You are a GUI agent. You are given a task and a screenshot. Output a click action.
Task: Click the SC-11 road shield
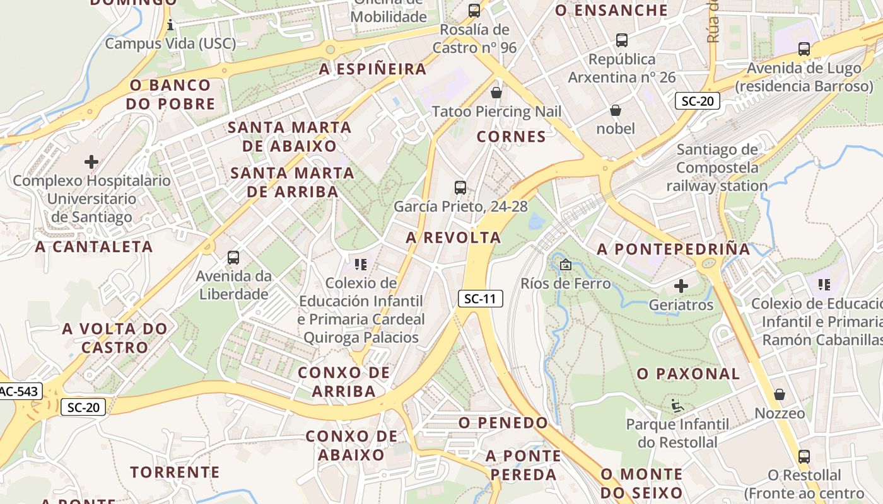[x=480, y=299]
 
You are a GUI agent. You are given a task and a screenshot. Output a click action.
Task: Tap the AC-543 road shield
[x=19, y=391]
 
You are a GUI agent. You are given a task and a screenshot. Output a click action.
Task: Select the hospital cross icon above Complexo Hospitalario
[x=91, y=162]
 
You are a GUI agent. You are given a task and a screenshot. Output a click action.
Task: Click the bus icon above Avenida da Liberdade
[x=233, y=257]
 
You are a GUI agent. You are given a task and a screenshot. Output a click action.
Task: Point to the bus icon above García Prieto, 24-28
[x=460, y=187]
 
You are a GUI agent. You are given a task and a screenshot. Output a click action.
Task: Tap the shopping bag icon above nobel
[x=616, y=111]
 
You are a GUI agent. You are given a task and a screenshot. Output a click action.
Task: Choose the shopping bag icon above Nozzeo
[x=780, y=394]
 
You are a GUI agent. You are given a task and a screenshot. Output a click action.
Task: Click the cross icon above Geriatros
[x=681, y=286]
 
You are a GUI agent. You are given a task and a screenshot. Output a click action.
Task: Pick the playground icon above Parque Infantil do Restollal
[x=677, y=405]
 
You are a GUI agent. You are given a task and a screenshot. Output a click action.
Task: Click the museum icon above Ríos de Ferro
[x=565, y=265]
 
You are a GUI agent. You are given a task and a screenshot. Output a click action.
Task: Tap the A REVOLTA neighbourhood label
[x=453, y=238]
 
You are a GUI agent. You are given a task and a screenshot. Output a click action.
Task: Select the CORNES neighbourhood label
[x=511, y=137]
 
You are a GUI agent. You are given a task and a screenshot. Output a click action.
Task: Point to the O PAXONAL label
[x=688, y=374]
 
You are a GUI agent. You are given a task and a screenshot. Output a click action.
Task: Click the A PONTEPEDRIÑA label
[x=674, y=249]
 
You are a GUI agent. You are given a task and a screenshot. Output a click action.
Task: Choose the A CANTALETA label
[x=94, y=246]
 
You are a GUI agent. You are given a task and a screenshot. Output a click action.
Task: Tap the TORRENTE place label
[x=175, y=472]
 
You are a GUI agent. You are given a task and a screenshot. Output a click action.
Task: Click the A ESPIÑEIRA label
[x=373, y=69]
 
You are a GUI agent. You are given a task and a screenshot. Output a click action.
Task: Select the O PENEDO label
[x=503, y=422]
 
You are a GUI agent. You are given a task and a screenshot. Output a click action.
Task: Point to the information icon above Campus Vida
[x=170, y=25]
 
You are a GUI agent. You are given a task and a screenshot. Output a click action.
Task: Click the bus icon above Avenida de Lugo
[x=804, y=49]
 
